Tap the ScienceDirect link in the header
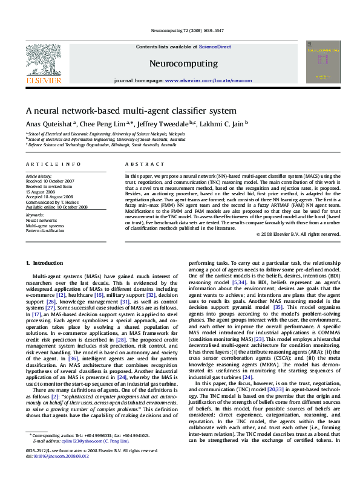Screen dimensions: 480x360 coord(215,47)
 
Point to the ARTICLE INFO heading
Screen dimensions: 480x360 coord(53,164)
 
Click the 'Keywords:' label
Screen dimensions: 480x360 coord(35,215)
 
